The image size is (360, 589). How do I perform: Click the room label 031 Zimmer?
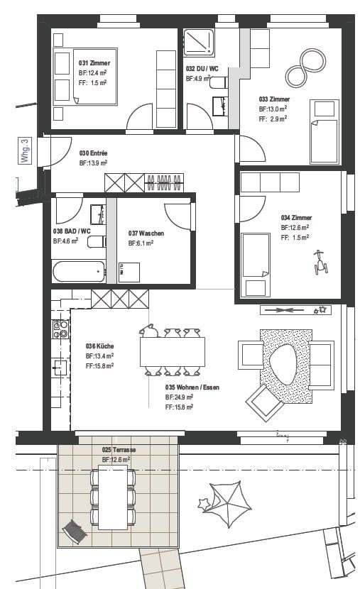pyautogui.click(x=94, y=63)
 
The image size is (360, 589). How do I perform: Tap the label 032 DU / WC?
pyautogui.click(x=202, y=68)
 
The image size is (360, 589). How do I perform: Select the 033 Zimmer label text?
pyautogui.click(x=273, y=99)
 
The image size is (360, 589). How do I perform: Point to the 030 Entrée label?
pyautogui.click(x=94, y=153)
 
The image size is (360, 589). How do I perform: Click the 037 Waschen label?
pyautogui.click(x=146, y=233)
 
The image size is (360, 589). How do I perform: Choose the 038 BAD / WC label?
pyautogui.click(x=72, y=231)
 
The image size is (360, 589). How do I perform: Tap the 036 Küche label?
pyautogui.click(x=99, y=346)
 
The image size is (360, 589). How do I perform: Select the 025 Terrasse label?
pyautogui.click(x=119, y=451)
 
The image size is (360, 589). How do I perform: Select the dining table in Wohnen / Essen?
pyautogui.click(x=172, y=351)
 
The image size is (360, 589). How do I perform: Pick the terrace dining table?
pyautogui.click(x=112, y=499)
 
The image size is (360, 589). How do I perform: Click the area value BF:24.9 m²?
pyautogui.click(x=180, y=397)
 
